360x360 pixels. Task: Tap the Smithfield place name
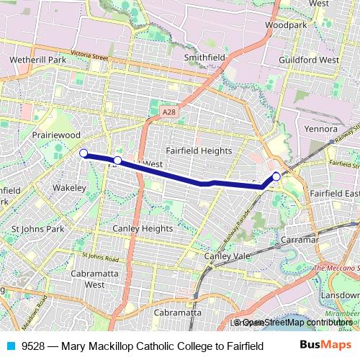coord(204,56)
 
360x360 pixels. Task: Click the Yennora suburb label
coord(320,129)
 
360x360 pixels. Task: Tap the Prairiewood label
coord(55,135)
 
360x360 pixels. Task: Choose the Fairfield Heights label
coord(199,150)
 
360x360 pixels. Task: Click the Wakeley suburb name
coord(69,188)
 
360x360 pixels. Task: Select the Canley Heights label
coord(143,229)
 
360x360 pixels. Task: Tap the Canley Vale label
coord(226,256)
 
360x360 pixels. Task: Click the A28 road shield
coord(168,112)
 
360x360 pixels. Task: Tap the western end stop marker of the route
coord(83,153)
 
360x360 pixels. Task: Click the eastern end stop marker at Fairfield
coord(276,176)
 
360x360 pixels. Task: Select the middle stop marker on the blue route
coord(117,159)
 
